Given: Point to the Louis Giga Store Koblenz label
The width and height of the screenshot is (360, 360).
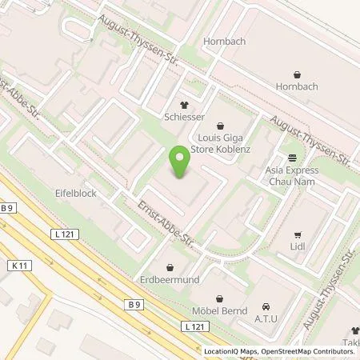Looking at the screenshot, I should coord(221,142).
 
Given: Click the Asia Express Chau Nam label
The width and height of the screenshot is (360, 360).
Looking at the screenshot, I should coord(291,175).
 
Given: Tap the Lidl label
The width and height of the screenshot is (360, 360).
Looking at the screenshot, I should coord(297,249).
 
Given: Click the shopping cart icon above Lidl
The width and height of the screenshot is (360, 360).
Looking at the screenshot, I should coord(297,235).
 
